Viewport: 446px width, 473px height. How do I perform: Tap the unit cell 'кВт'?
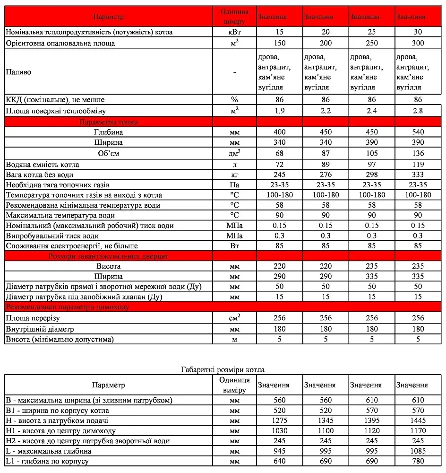coord(234,32)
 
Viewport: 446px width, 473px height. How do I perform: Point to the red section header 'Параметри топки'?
coord(109,122)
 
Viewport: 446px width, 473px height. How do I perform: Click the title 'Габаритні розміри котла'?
coord(223,369)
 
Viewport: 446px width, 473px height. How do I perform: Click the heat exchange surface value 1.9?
coord(279,111)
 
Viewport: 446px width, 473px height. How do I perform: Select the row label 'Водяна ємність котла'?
coord(43,165)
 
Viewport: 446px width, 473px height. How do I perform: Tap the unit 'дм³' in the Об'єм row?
coord(234,153)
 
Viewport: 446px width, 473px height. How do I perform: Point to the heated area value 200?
coord(326,44)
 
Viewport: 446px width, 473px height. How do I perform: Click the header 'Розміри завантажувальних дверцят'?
coord(109,256)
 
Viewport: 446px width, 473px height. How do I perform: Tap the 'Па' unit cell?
coord(234,185)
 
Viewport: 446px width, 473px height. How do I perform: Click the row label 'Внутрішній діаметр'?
coord(40,329)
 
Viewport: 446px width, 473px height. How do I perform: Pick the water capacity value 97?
coord(372,165)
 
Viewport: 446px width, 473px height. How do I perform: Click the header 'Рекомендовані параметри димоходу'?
coord(69,307)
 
